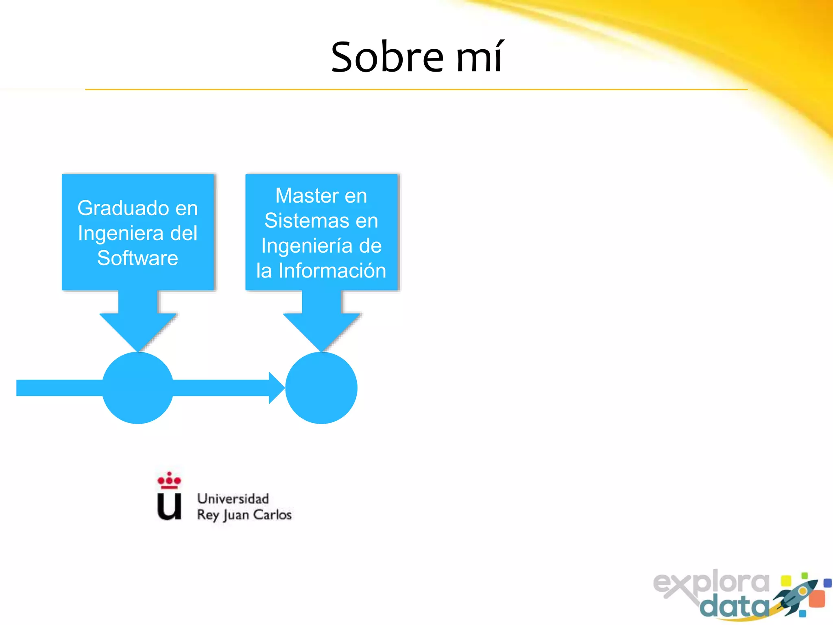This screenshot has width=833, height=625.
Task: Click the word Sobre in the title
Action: (x=387, y=58)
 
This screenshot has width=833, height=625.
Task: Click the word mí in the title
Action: (x=480, y=58)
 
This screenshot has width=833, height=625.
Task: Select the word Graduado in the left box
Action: (x=120, y=208)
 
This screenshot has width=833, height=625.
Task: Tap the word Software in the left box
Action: (x=137, y=258)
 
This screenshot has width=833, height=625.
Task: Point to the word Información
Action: (x=332, y=271)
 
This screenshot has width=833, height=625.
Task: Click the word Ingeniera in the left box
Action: (x=120, y=234)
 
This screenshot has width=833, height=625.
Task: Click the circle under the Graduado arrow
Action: (x=137, y=388)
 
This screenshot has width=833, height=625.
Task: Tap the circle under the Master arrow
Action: (x=321, y=388)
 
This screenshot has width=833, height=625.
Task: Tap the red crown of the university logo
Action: (x=169, y=480)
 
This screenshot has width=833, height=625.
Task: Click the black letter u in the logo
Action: (x=169, y=507)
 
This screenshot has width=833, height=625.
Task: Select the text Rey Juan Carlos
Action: (x=244, y=515)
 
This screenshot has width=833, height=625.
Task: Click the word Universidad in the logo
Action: (x=233, y=499)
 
